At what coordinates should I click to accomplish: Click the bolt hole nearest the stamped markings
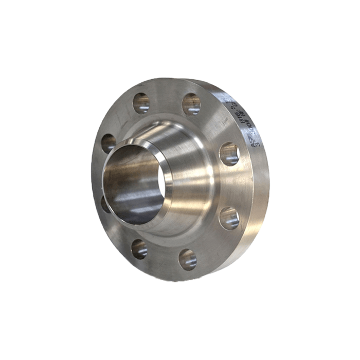click(x=229, y=154)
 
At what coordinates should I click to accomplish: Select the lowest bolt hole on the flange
click(x=187, y=260)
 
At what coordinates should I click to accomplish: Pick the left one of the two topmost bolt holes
click(x=141, y=103)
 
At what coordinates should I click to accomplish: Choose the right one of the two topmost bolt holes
click(x=191, y=104)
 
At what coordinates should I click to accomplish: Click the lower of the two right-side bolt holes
click(x=229, y=218)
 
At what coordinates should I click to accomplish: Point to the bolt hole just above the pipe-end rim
click(x=109, y=142)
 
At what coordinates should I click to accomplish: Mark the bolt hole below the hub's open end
click(x=139, y=249)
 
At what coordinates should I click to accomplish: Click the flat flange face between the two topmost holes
click(x=166, y=98)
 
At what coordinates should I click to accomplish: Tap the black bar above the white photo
click(x=180, y=21)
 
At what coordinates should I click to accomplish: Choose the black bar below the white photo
click(x=180, y=339)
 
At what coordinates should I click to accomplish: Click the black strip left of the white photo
click(x=14, y=180)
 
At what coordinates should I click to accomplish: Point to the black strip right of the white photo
click(x=347, y=180)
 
